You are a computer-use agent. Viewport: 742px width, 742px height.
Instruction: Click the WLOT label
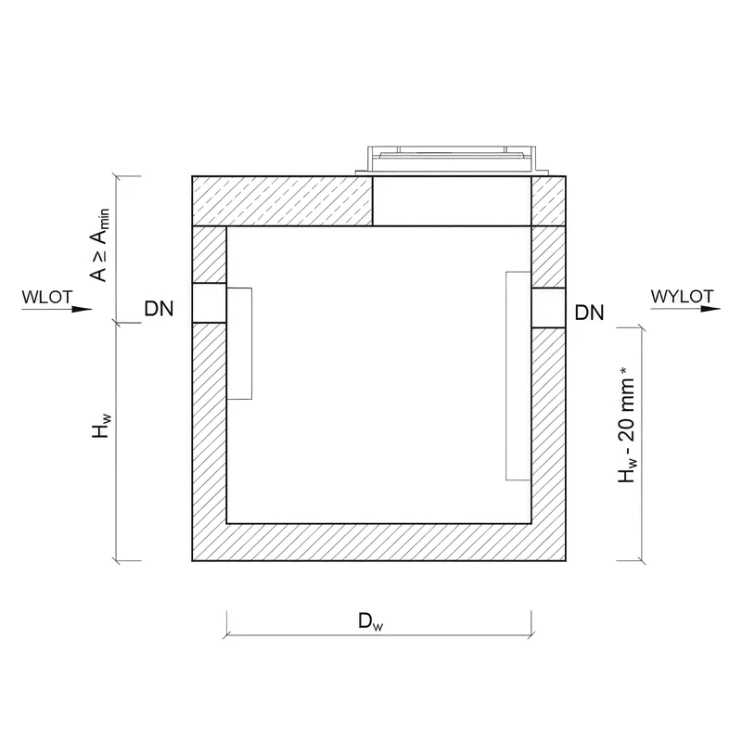(47, 297)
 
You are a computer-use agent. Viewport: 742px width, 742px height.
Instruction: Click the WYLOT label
(682, 297)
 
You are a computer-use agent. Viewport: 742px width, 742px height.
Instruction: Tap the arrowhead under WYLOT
(710, 309)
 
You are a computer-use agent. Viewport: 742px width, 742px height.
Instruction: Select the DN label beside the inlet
(159, 309)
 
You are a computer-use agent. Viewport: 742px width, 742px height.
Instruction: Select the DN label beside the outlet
(589, 313)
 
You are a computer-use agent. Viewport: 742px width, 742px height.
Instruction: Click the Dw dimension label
(370, 621)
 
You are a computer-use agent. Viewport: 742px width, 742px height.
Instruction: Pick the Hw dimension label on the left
(101, 426)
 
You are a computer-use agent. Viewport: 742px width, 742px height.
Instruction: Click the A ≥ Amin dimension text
(100, 245)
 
